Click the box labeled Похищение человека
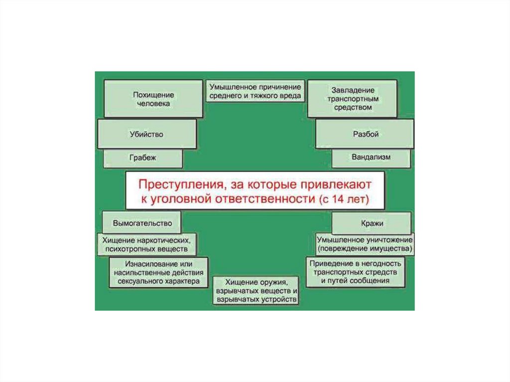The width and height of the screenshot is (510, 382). click(153, 99)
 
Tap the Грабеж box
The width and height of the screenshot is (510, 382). click(143, 158)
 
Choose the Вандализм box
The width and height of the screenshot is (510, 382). click(371, 158)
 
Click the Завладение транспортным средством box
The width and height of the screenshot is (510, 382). click(352, 99)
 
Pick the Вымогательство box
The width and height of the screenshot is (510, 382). click(142, 223)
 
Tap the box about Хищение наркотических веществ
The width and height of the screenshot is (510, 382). click(146, 244)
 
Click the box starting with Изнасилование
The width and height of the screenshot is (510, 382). click(159, 272)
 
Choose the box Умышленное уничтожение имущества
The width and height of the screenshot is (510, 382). click(365, 244)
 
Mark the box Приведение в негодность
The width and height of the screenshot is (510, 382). click(355, 272)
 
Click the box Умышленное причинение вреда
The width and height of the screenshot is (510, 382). click(255, 90)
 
